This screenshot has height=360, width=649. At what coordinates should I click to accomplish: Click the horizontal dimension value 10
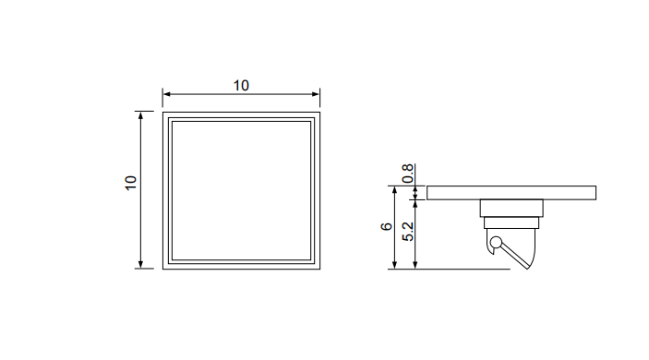coord(241,86)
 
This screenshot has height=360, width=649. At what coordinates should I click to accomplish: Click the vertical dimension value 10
coord(131,183)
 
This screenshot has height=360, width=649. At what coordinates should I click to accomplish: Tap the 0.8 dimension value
coord(408,174)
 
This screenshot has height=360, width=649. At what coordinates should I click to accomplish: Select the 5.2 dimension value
coord(408,232)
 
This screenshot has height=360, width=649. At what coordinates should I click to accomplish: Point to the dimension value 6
coord(386,226)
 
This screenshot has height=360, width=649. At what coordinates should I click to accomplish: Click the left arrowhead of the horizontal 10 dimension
coord(166,94)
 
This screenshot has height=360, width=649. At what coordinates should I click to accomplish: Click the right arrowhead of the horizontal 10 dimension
coord(317,94)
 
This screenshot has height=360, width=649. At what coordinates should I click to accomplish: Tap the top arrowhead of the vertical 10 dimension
coord(140,115)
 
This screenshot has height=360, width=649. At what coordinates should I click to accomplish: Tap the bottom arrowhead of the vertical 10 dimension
coord(140,265)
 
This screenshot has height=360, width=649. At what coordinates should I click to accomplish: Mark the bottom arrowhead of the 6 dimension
coord(395,265)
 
